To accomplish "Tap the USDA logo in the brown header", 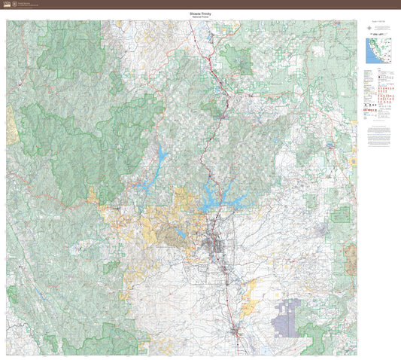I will pyautogui.click(x=6, y=4).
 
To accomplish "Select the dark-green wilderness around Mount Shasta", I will pyautogui.click(x=238, y=56).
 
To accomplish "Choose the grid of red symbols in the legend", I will pyautogui.click(x=384, y=98).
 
